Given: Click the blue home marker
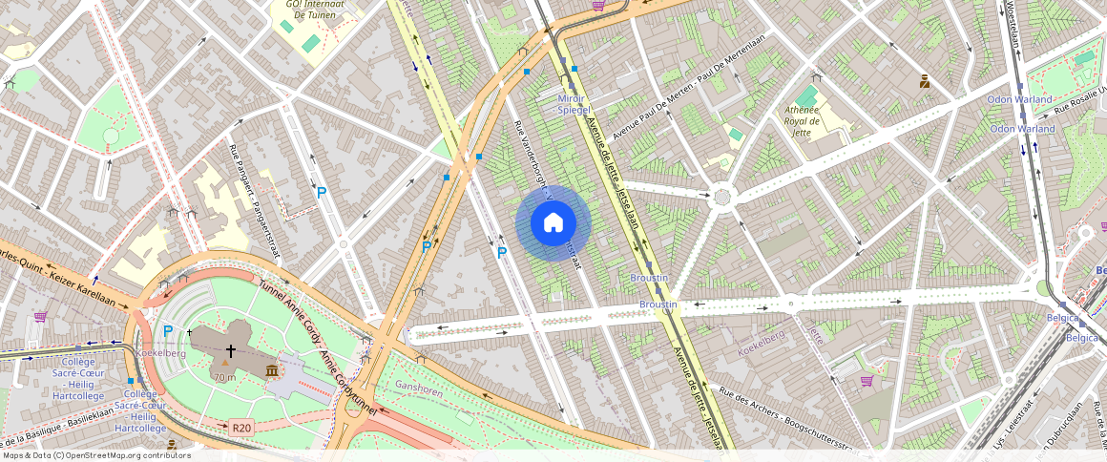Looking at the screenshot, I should click(553, 223).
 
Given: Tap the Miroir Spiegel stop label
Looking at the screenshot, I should click(573, 104).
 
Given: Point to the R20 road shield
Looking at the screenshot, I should click(240, 428).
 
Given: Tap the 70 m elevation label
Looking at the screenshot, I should click(225, 377).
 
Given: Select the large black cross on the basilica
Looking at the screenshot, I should click(230, 351).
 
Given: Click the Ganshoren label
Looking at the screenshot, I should click(420, 386).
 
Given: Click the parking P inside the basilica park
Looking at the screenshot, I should click(168, 331).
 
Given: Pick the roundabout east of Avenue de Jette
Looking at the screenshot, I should click(721, 197).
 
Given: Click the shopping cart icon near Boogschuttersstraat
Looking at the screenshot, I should click(867, 380).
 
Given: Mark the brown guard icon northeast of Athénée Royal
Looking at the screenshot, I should click(924, 81).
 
